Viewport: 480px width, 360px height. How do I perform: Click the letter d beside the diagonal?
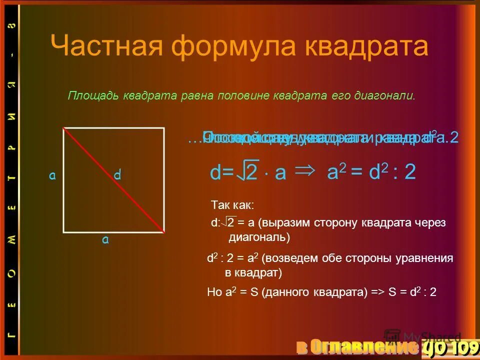(117, 175)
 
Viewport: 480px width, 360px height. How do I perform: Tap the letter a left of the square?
(52, 175)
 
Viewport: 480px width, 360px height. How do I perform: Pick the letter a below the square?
(105, 239)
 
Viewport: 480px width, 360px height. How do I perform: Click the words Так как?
(232, 205)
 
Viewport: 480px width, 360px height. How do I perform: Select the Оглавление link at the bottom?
(357, 347)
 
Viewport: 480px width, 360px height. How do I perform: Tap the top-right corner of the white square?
(164, 128)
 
